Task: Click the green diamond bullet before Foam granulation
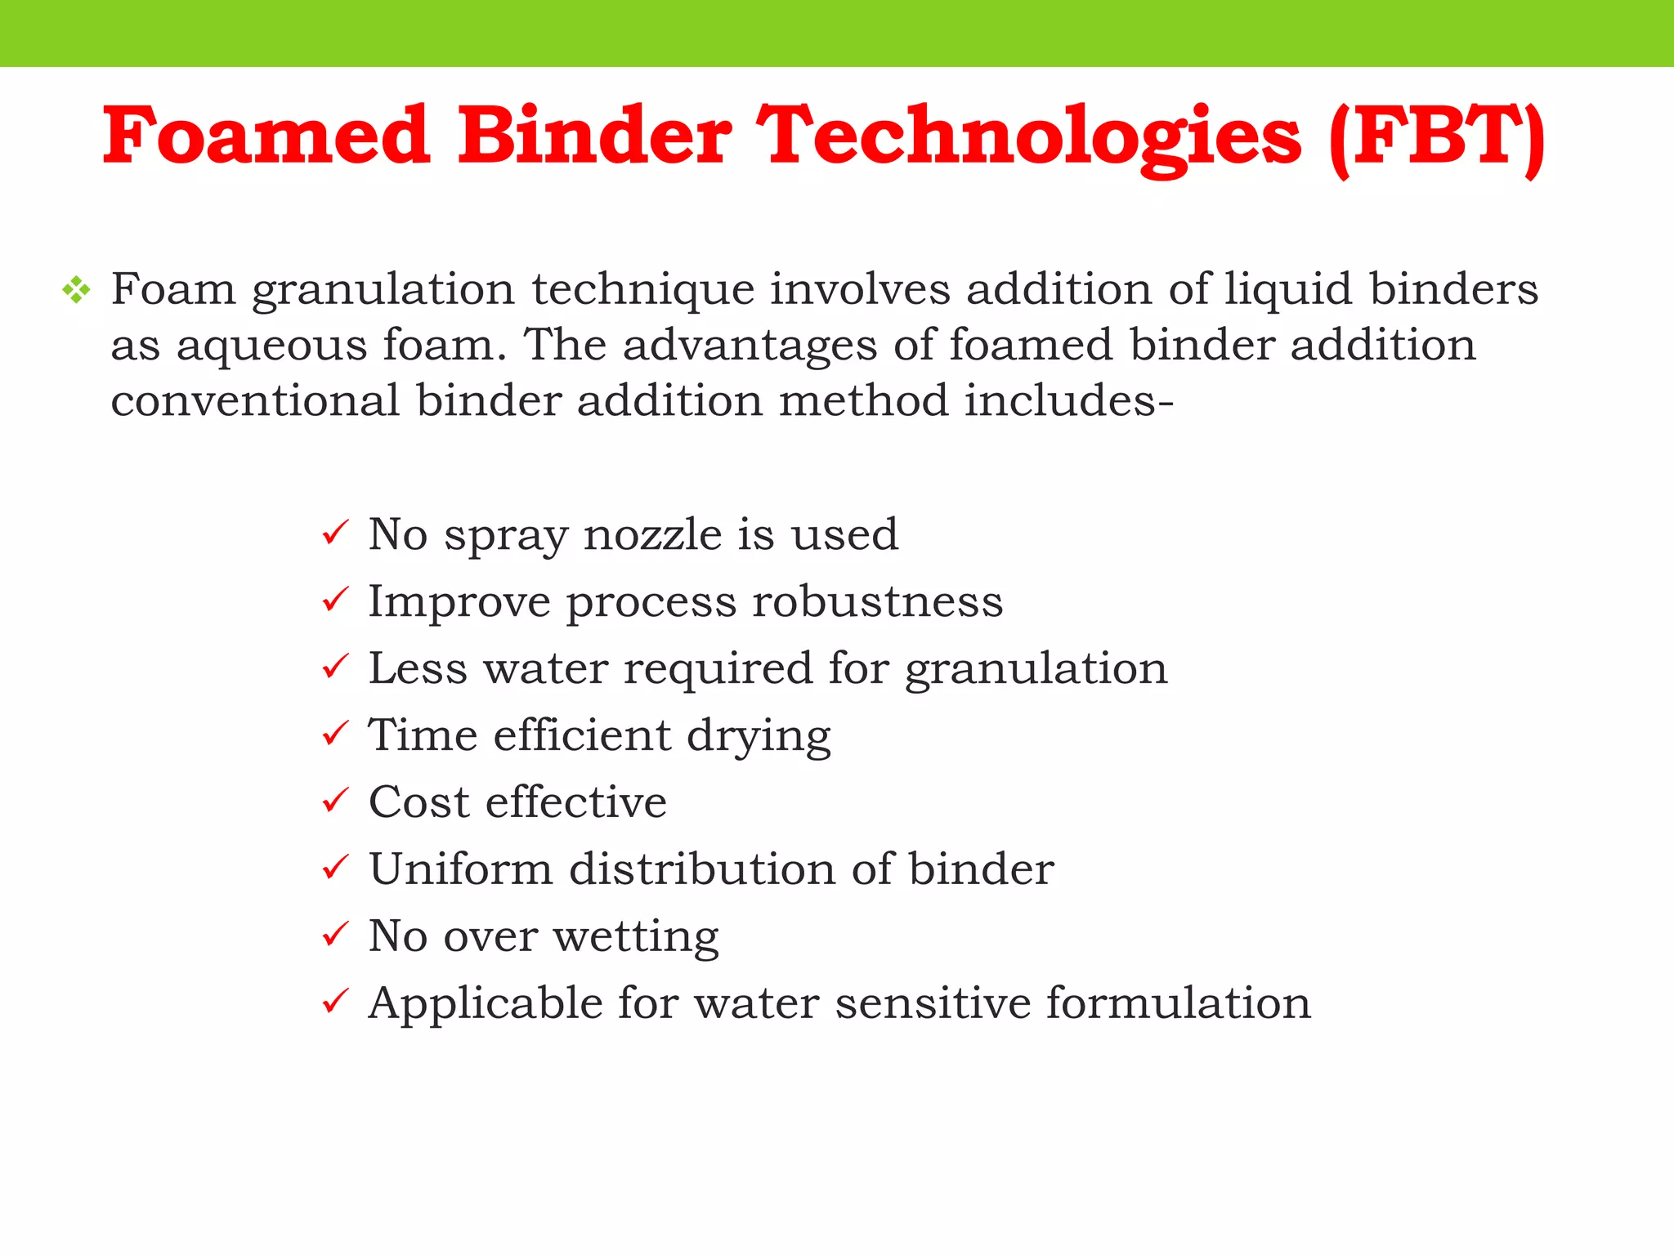tap(76, 290)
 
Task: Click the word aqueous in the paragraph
tap(271, 346)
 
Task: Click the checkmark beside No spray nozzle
tap(335, 534)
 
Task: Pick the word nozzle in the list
tap(652, 534)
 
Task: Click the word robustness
tap(877, 601)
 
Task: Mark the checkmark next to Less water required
tap(335, 668)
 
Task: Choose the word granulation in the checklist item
tap(1036, 669)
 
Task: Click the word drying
tap(759, 736)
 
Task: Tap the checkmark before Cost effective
tap(335, 801)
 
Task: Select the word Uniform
tap(461, 869)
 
